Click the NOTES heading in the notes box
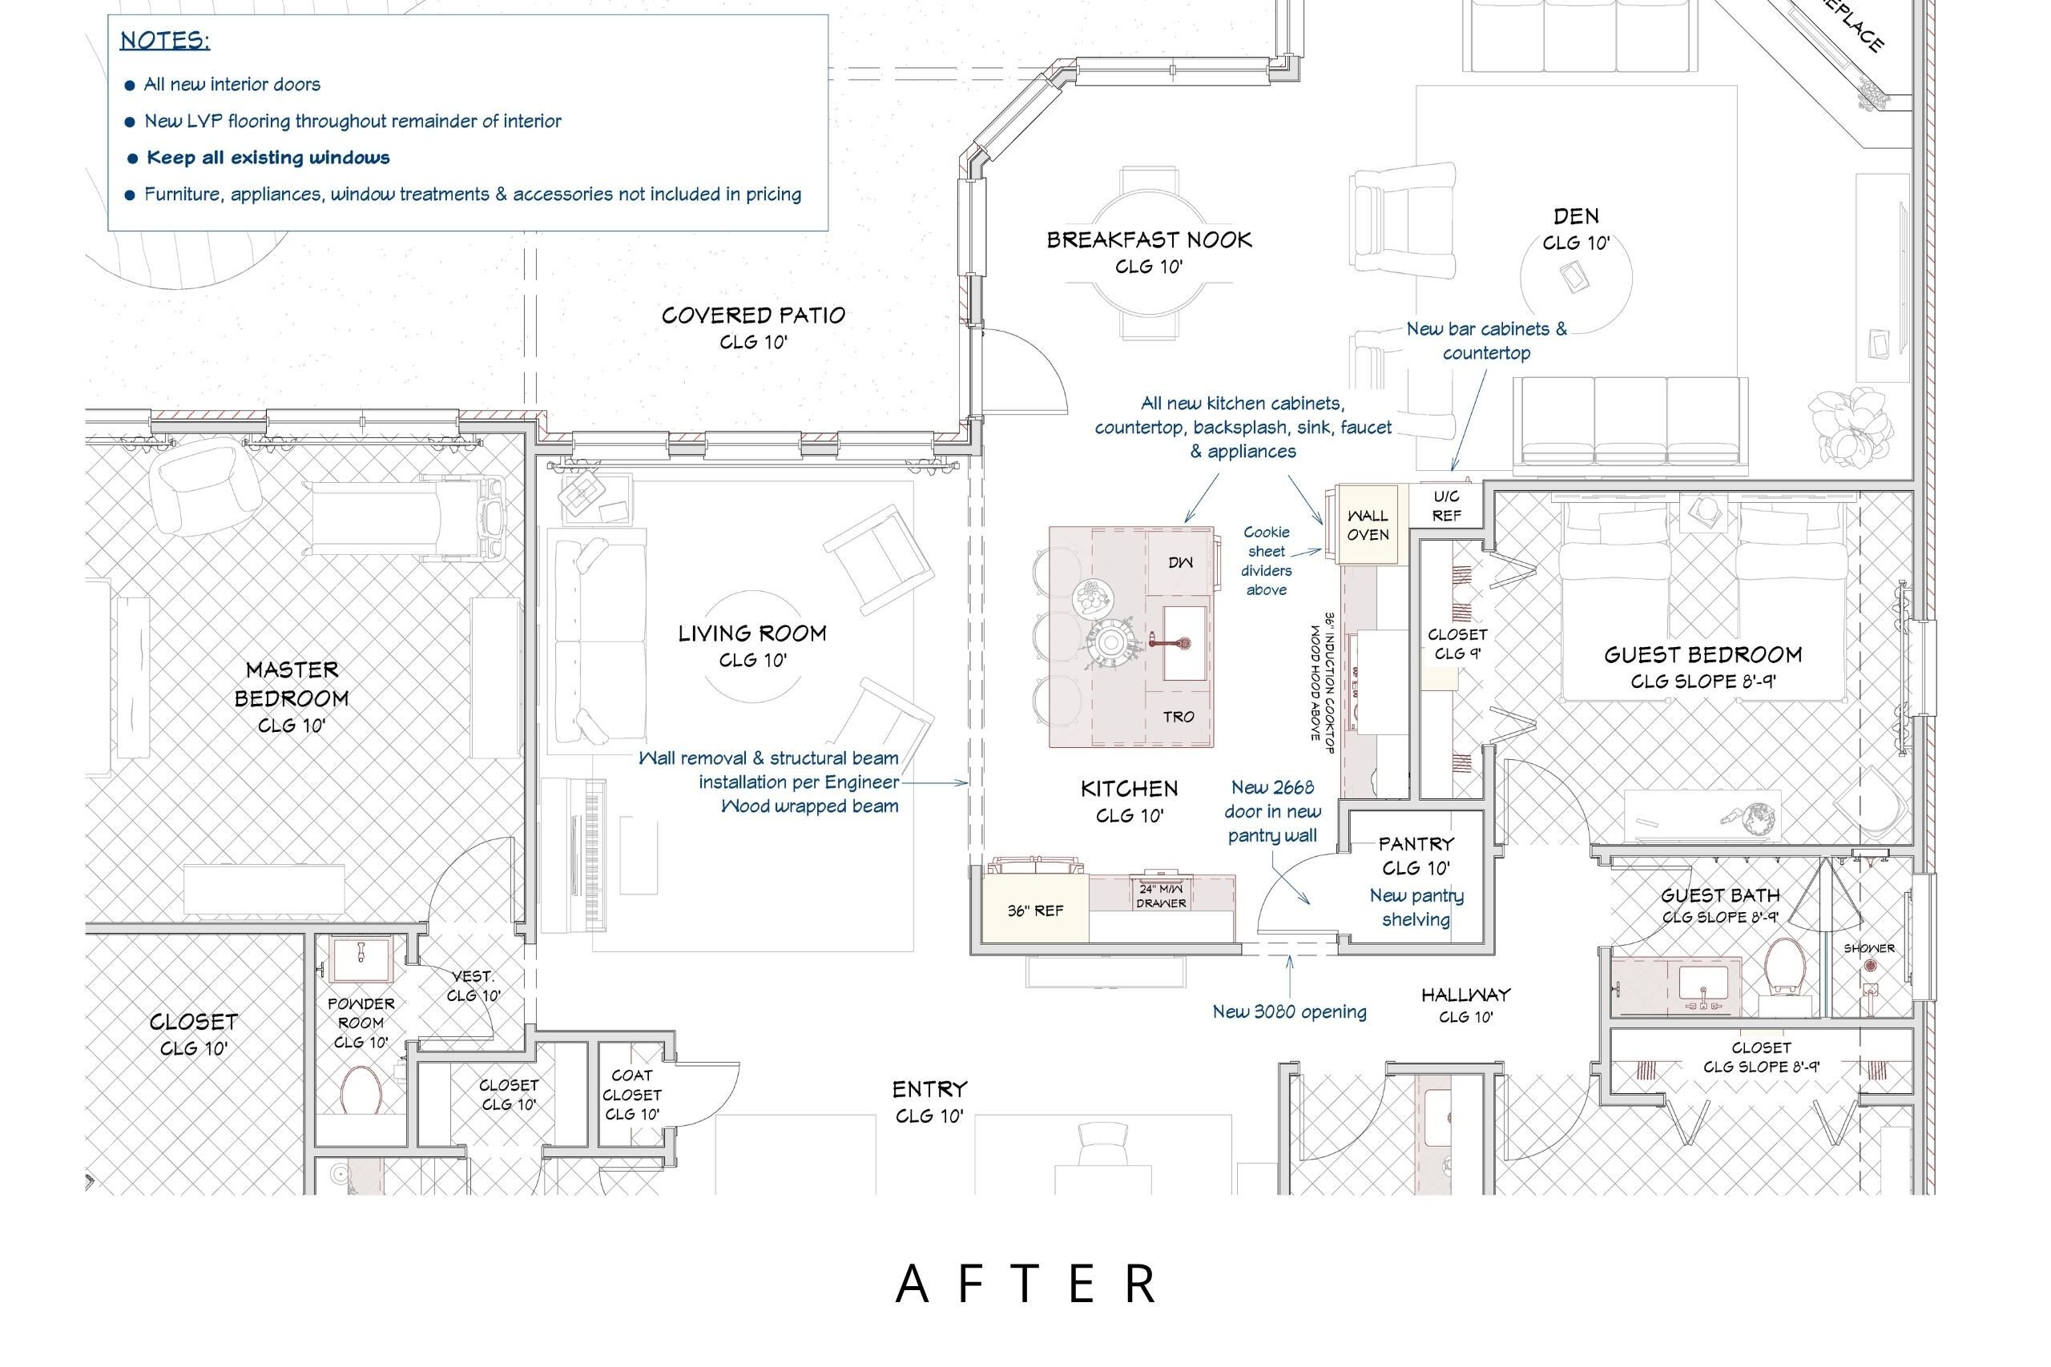point(165,41)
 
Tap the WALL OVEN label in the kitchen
point(1368,525)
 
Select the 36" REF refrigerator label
point(1035,911)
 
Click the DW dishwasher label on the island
point(1180,563)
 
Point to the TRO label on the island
point(1178,717)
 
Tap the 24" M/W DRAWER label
point(1161,896)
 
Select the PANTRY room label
point(1416,844)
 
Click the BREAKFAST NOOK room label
point(1150,239)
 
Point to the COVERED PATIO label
point(753,315)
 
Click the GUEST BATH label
point(1720,895)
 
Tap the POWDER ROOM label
point(361,1013)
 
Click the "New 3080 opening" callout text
point(1289,1012)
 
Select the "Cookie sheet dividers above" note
point(1266,561)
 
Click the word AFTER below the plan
point(1026,1285)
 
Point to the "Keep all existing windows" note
point(268,158)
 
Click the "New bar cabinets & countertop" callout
point(1486,341)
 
